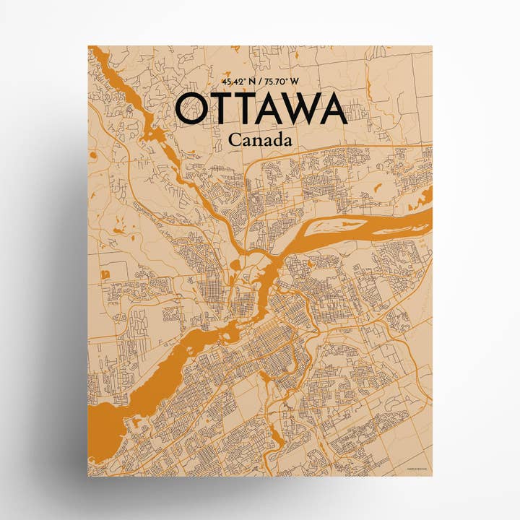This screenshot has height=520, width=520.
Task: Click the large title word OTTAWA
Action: click(261, 110)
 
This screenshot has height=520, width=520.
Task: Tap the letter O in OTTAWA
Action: click(194, 110)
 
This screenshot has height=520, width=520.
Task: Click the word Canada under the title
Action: click(260, 140)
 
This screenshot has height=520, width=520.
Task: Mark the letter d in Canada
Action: click(277, 140)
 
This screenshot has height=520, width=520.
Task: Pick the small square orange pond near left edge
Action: click(105, 274)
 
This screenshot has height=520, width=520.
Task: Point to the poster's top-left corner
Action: click(89, 46)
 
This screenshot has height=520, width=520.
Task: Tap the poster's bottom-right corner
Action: click(432, 475)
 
